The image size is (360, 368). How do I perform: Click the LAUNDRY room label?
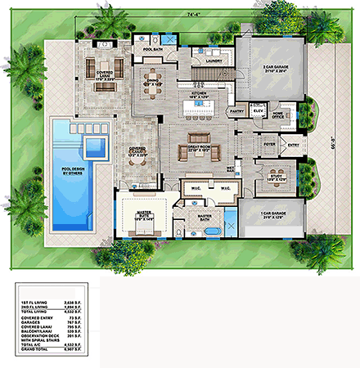tap(215, 61)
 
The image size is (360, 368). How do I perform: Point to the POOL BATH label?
tap(154, 50)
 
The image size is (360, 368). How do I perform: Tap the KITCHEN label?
tap(201, 96)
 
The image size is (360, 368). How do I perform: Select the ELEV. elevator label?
tap(254, 113)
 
